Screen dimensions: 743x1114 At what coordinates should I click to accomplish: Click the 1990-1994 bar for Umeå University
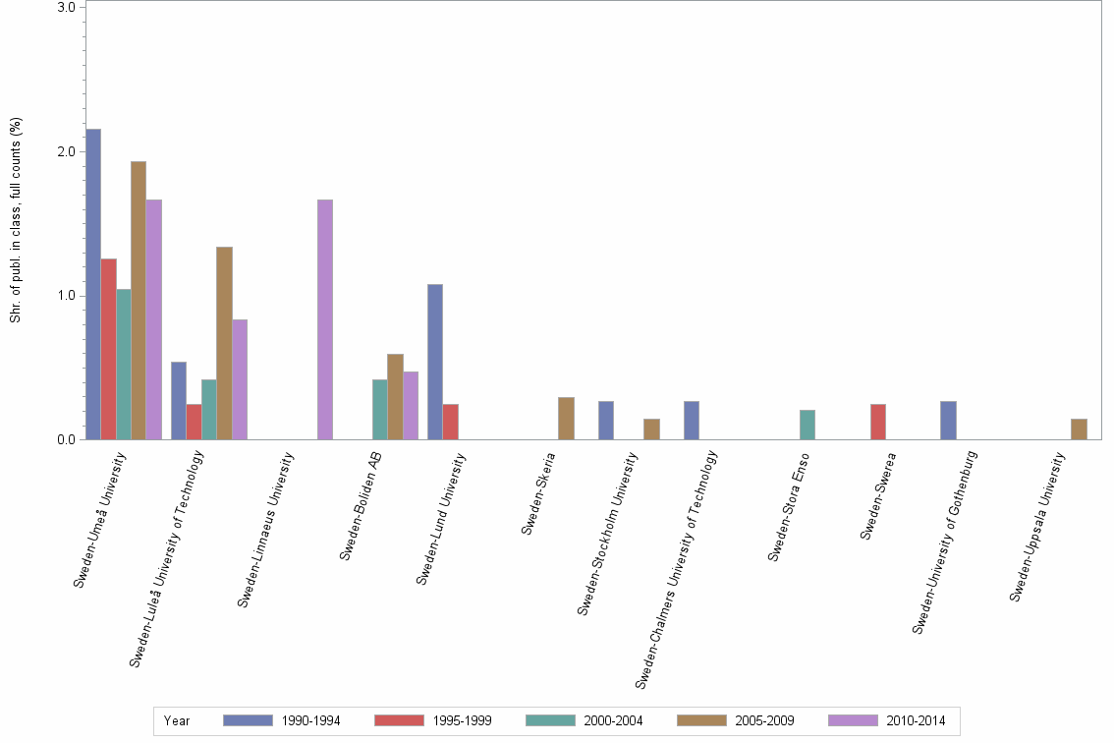coord(93,284)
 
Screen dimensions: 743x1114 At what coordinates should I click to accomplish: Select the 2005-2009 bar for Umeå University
coord(139,301)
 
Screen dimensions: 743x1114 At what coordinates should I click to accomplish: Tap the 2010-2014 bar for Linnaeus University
coord(325,319)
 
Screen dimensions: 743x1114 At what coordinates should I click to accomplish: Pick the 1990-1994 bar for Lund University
coord(435,362)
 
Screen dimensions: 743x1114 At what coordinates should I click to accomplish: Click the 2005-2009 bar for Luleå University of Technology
coord(224,343)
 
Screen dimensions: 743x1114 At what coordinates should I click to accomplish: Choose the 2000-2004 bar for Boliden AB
coord(379,410)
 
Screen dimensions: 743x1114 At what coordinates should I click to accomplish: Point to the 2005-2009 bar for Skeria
coord(566,419)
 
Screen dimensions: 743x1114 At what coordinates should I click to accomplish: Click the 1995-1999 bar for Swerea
coord(878,422)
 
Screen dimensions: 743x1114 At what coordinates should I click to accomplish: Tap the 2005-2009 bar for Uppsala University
coord(1079,429)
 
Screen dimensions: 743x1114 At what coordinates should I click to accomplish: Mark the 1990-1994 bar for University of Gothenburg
coord(948,421)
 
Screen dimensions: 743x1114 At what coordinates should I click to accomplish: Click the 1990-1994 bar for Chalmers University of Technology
coord(692,421)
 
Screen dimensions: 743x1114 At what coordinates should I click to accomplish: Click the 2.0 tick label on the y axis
coord(68,151)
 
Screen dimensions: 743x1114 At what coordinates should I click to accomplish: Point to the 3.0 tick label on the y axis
coord(68,8)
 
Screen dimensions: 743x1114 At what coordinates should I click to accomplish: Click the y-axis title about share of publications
coord(16,220)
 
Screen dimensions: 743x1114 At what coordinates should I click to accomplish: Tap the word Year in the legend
coord(177,721)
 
